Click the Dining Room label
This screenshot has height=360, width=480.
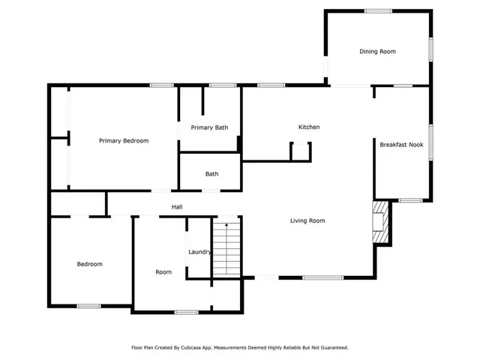click(377, 51)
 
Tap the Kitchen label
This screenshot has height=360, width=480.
click(309, 127)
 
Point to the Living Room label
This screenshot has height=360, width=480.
click(307, 220)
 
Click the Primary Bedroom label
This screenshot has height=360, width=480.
click(124, 141)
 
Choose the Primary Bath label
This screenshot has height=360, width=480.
click(209, 127)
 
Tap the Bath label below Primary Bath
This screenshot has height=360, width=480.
click(212, 174)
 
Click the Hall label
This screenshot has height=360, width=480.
click(177, 207)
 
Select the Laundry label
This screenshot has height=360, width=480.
click(199, 252)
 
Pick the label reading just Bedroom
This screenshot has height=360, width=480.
click(90, 264)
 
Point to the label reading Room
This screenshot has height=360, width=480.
click(163, 272)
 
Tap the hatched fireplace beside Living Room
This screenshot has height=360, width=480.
click(382, 222)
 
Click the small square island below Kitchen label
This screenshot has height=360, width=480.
click(301, 151)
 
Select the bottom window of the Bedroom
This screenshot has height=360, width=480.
click(89, 305)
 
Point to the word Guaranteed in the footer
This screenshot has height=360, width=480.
click(332, 348)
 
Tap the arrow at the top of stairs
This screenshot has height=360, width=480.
click(226, 223)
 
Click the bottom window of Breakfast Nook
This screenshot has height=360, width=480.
click(410, 200)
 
